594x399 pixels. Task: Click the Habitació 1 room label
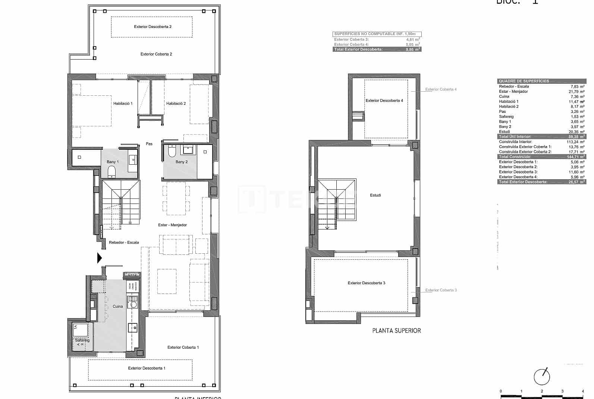[x=123, y=104]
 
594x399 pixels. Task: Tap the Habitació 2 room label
[x=176, y=104]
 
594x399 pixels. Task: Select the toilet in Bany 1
[x=111, y=172]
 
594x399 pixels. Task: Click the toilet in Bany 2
[x=172, y=151]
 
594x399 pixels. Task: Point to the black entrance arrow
[x=99, y=258]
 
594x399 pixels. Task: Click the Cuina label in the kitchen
[x=117, y=307]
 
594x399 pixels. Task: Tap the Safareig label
[x=82, y=341]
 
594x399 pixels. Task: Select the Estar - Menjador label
[x=172, y=225]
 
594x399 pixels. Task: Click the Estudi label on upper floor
[x=375, y=195]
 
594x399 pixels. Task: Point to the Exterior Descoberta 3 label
[x=366, y=283]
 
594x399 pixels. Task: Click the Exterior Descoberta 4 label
[x=384, y=101]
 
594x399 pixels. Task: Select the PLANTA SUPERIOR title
[x=396, y=330]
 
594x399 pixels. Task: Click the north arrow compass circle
[x=541, y=377]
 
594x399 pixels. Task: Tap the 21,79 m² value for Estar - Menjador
[x=577, y=92]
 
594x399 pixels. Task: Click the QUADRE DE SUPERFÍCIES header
[x=524, y=81]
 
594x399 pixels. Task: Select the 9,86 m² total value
[x=413, y=50]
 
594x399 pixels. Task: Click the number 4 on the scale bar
[x=582, y=392]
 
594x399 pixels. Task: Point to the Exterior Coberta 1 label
[x=183, y=348]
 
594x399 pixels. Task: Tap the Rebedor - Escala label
[x=124, y=243]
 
